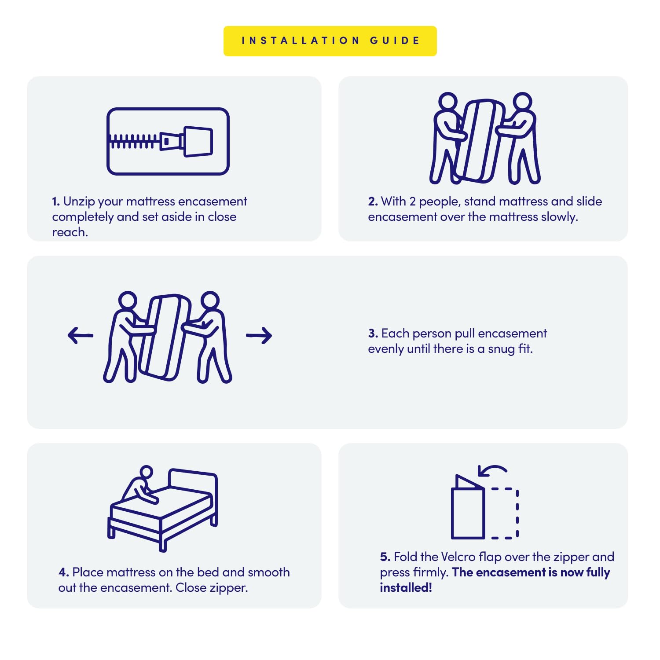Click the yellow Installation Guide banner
click(x=330, y=41)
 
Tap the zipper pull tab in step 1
click(x=198, y=142)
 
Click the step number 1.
click(x=55, y=202)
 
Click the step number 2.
click(x=373, y=202)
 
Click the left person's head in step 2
click(x=448, y=102)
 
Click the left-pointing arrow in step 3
click(x=81, y=335)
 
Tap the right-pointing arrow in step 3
click(x=259, y=335)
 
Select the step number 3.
click(x=373, y=334)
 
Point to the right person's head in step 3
click(x=210, y=301)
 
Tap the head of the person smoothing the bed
click(x=146, y=472)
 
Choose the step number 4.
click(x=63, y=572)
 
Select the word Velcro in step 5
click(x=458, y=557)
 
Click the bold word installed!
click(x=406, y=588)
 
